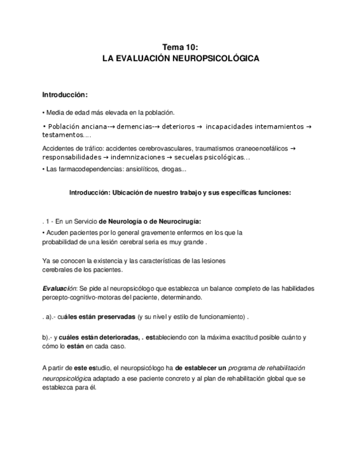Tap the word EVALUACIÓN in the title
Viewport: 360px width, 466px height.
(148, 58)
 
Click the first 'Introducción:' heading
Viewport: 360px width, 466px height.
(65, 95)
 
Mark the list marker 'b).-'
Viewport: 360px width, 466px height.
(48, 337)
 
